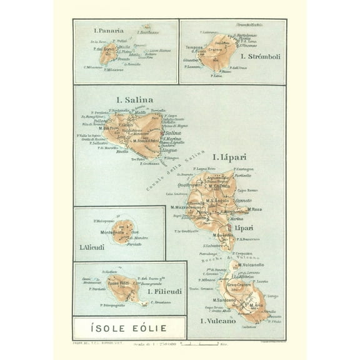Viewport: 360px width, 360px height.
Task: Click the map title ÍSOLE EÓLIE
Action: tap(129, 327)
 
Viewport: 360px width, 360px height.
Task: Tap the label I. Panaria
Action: tap(108, 30)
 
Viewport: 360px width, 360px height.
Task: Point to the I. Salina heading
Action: tap(134, 99)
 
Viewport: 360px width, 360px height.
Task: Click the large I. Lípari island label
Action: tap(229, 157)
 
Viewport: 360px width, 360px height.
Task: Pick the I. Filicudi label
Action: tap(165, 291)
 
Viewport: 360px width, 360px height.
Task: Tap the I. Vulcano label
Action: tap(218, 321)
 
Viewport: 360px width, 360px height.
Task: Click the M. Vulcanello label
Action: tap(251, 264)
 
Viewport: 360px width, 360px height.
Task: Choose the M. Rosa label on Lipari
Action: tap(254, 209)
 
